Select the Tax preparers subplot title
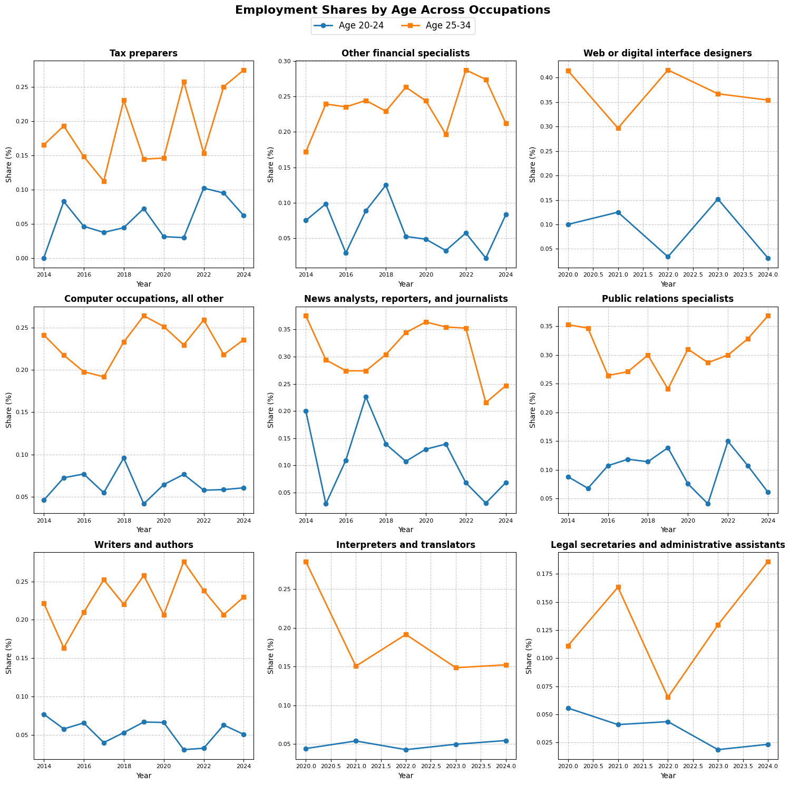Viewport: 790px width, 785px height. tap(143, 53)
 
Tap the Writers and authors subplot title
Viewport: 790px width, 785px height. tap(143, 545)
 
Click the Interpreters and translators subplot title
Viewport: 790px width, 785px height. tap(405, 545)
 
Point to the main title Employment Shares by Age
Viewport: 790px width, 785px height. tap(393, 10)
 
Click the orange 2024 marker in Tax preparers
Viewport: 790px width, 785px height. tap(243, 70)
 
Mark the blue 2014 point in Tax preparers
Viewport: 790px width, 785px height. tap(44, 258)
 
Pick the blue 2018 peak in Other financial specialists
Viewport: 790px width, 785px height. tap(386, 185)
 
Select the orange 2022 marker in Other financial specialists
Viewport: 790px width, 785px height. tap(466, 70)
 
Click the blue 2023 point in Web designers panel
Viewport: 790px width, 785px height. tap(718, 199)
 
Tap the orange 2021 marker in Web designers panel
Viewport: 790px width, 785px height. tap(618, 128)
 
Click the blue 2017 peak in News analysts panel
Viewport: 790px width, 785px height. tap(366, 397)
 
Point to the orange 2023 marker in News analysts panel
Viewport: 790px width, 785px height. tap(486, 403)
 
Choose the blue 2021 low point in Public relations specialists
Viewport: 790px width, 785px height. tap(708, 504)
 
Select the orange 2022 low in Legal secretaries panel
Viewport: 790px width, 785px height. tap(668, 697)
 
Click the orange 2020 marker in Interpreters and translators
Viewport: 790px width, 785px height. tap(306, 562)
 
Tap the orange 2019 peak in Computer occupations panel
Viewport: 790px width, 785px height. tap(144, 316)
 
